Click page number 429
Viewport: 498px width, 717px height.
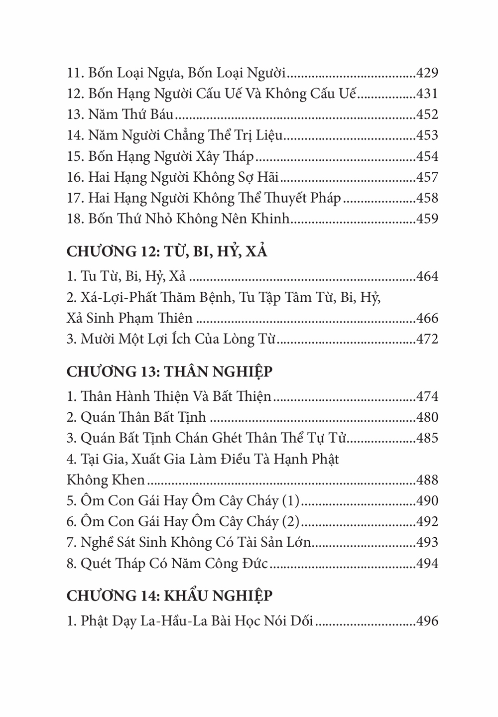(427, 73)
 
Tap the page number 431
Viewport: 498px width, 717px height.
(427, 94)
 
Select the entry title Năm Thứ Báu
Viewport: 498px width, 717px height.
(130, 115)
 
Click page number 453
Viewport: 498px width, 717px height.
(427, 136)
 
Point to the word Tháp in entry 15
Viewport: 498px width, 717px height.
(238, 157)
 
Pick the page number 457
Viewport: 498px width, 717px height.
(427, 178)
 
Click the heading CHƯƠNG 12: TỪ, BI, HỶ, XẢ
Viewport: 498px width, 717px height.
(167, 252)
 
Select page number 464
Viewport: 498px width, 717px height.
(427, 276)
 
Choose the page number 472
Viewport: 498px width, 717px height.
(427, 340)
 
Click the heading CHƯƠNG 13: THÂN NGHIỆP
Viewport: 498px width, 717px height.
(169, 372)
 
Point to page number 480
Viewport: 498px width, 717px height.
(427, 418)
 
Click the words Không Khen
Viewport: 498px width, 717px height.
(106, 480)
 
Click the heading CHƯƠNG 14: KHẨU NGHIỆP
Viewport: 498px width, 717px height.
(169, 596)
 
